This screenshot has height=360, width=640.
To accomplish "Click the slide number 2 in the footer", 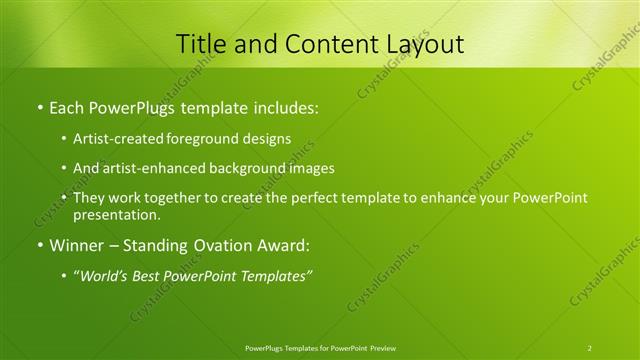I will pyautogui.click(x=589, y=348).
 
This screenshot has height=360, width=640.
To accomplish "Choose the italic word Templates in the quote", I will pyautogui.click(x=274, y=275).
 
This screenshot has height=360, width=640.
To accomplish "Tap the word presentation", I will pyautogui.click(x=116, y=214).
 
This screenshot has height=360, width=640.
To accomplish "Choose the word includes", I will pyautogui.click(x=284, y=105).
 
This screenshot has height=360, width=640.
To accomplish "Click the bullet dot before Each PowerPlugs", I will pyautogui.click(x=39, y=105).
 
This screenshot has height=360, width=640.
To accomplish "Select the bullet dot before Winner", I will pyautogui.click(x=39, y=245).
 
